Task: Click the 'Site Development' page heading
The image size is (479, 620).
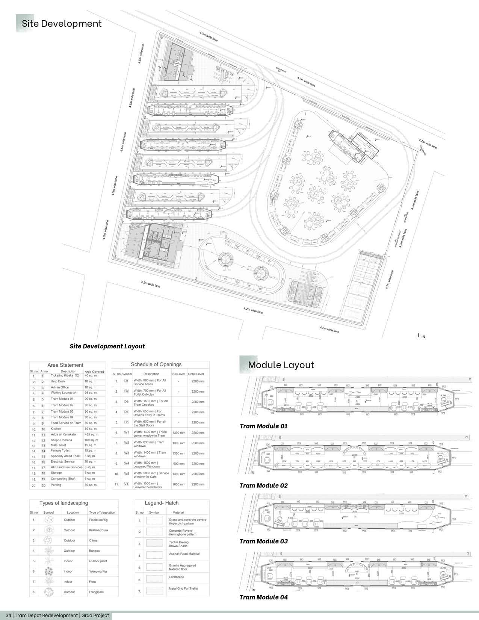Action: tap(62, 24)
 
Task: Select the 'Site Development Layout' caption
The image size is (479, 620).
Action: tap(107, 346)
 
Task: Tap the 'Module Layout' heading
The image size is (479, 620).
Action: tap(281, 365)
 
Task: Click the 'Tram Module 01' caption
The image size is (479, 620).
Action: tap(263, 426)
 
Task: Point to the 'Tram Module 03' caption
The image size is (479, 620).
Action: tap(263, 541)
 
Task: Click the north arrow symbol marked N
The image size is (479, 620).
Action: tap(420, 336)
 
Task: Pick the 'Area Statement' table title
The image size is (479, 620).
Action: tap(65, 365)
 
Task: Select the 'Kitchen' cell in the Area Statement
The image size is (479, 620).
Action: tap(56, 428)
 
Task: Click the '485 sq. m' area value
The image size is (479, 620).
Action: tap(91, 434)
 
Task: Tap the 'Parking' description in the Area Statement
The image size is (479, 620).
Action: tap(56, 485)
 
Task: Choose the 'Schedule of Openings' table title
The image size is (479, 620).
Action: tap(156, 364)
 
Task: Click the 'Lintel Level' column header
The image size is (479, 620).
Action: tap(196, 374)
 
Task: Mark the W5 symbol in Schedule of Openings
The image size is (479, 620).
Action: tap(127, 474)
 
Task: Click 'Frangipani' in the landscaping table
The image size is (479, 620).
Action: tap(97, 592)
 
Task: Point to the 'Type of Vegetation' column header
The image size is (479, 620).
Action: tap(102, 513)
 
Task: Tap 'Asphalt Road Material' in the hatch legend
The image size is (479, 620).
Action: tap(184, 554)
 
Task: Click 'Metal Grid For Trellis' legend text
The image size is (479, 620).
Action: tap(183, 588)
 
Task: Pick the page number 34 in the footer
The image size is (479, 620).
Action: tap(9, 615)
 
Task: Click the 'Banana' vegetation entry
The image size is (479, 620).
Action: tap(94, 551)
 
